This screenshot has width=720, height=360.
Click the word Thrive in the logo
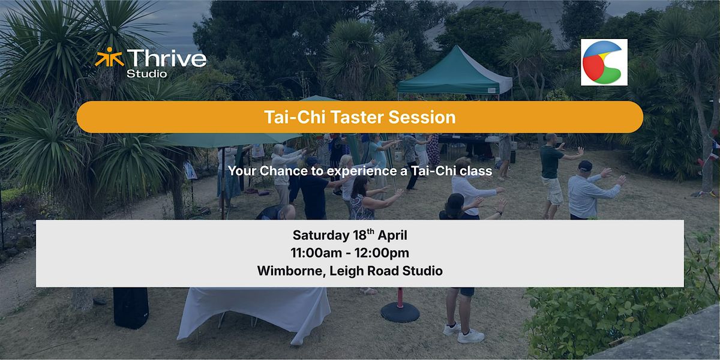(x=167, y=58)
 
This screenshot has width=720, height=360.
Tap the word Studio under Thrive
(x=147, y=74)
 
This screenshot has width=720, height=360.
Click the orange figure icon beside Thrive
(x=109, y=57)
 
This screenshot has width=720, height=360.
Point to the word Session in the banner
(x=422, y=117)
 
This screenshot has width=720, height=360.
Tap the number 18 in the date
(x=359, y=235)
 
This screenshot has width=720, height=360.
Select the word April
(x=392, y=236)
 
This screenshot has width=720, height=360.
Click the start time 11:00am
(x=316, y=253)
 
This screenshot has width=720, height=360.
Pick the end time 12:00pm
(x=382, y=253)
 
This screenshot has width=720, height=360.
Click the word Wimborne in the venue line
(x=291, y=271)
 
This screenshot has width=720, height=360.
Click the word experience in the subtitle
(x=362, y=172)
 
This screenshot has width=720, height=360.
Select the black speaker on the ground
(x=131, y=308)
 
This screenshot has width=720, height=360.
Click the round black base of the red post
(x=400, y=312)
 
